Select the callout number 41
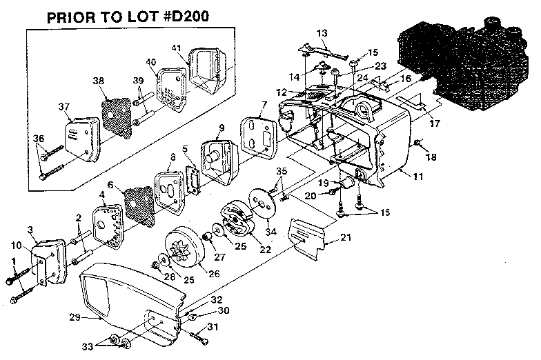[x=177, y=48]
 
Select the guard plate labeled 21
[x=306, y=238]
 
